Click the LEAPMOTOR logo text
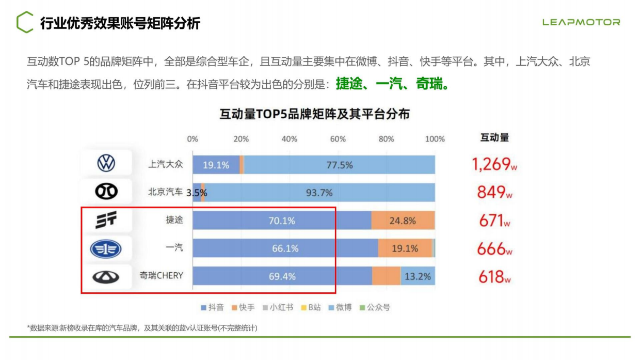(x=581, y=22)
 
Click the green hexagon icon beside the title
(x=24, y=22)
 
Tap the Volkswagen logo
(x=106, y=164)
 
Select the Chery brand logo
(x=106, y=277)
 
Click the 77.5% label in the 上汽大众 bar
(x=339, y=165)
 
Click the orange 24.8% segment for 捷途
(x=403, y=221)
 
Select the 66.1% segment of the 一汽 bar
(x=285, y=248)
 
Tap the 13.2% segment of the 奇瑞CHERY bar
(x=418, y=276)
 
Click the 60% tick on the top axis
(x=338, y=139)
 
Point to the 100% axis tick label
(x=435, y=139)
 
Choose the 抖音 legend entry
(x=212, y=307)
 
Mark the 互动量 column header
(x=494, y=137)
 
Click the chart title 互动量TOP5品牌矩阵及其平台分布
(x=314, y=114)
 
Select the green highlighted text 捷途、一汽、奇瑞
(x=392, y=84)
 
